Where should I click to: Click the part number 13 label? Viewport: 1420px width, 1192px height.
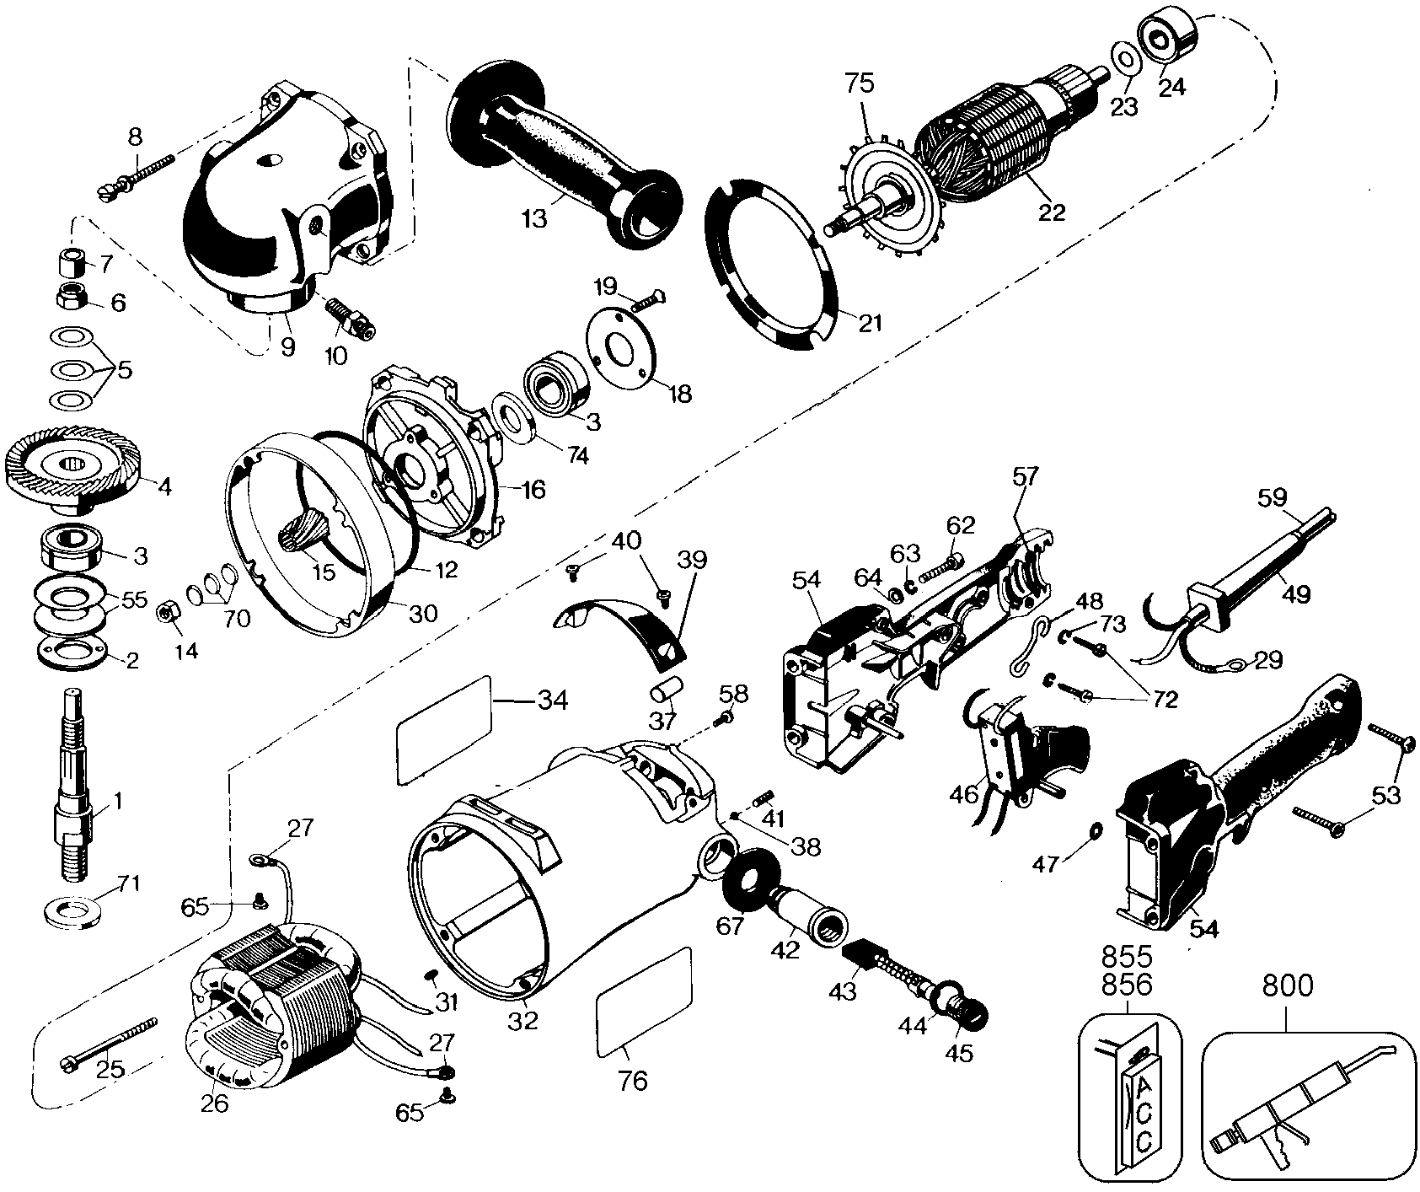(x=534, y=218)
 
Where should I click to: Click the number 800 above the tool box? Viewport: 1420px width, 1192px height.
(x=1286, y=986)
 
